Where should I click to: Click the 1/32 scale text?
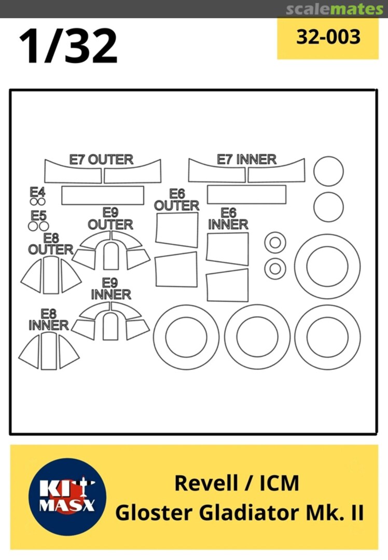click(x=68, y=46)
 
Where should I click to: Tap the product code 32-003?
click(x=328, y=37)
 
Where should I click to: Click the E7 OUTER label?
click(x=101, y=159)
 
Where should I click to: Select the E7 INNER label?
click(x=246, y=159)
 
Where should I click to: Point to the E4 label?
click(x=37, y=192)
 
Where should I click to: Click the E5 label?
click(x=38, y=216)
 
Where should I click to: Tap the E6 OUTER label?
click(x=177, y=200)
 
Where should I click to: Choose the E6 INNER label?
click(x=228, y=219)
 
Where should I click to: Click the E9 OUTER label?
click(x=110, y=219)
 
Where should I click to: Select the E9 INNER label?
click(x=111, y=289)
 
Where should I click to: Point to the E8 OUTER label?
click(x=51, y=244)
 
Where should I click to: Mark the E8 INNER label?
click(x=49, y=319)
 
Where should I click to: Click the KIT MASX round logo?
click(x=67, y=497)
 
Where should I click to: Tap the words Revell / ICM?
click(x=237, y=483)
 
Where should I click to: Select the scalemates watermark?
click(x=335, y=9)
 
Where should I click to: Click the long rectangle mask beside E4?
click(x=103, y=195)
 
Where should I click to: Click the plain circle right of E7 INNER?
click(x=329, y=171)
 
